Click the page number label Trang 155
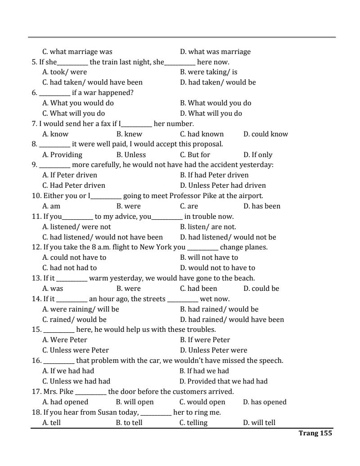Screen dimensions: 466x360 coord(315,434)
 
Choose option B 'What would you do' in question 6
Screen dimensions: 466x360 coord(216,103)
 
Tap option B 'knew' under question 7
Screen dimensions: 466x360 coord(129,134)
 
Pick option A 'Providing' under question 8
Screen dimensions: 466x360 coord(62,155)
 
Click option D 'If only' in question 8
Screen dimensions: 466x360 coord(258,155)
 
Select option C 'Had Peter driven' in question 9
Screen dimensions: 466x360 coord(74,185)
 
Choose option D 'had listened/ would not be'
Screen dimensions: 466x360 coord(228,237)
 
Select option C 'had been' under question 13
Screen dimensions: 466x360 coord(198,289)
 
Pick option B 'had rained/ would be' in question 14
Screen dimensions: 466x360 coord(219,309)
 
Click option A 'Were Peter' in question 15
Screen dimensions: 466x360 coord(65,340)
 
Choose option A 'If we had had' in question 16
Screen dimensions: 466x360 coord(68,371)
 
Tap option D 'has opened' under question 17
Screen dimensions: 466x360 coord(265,402)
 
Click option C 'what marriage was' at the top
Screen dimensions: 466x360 coord(77,52)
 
